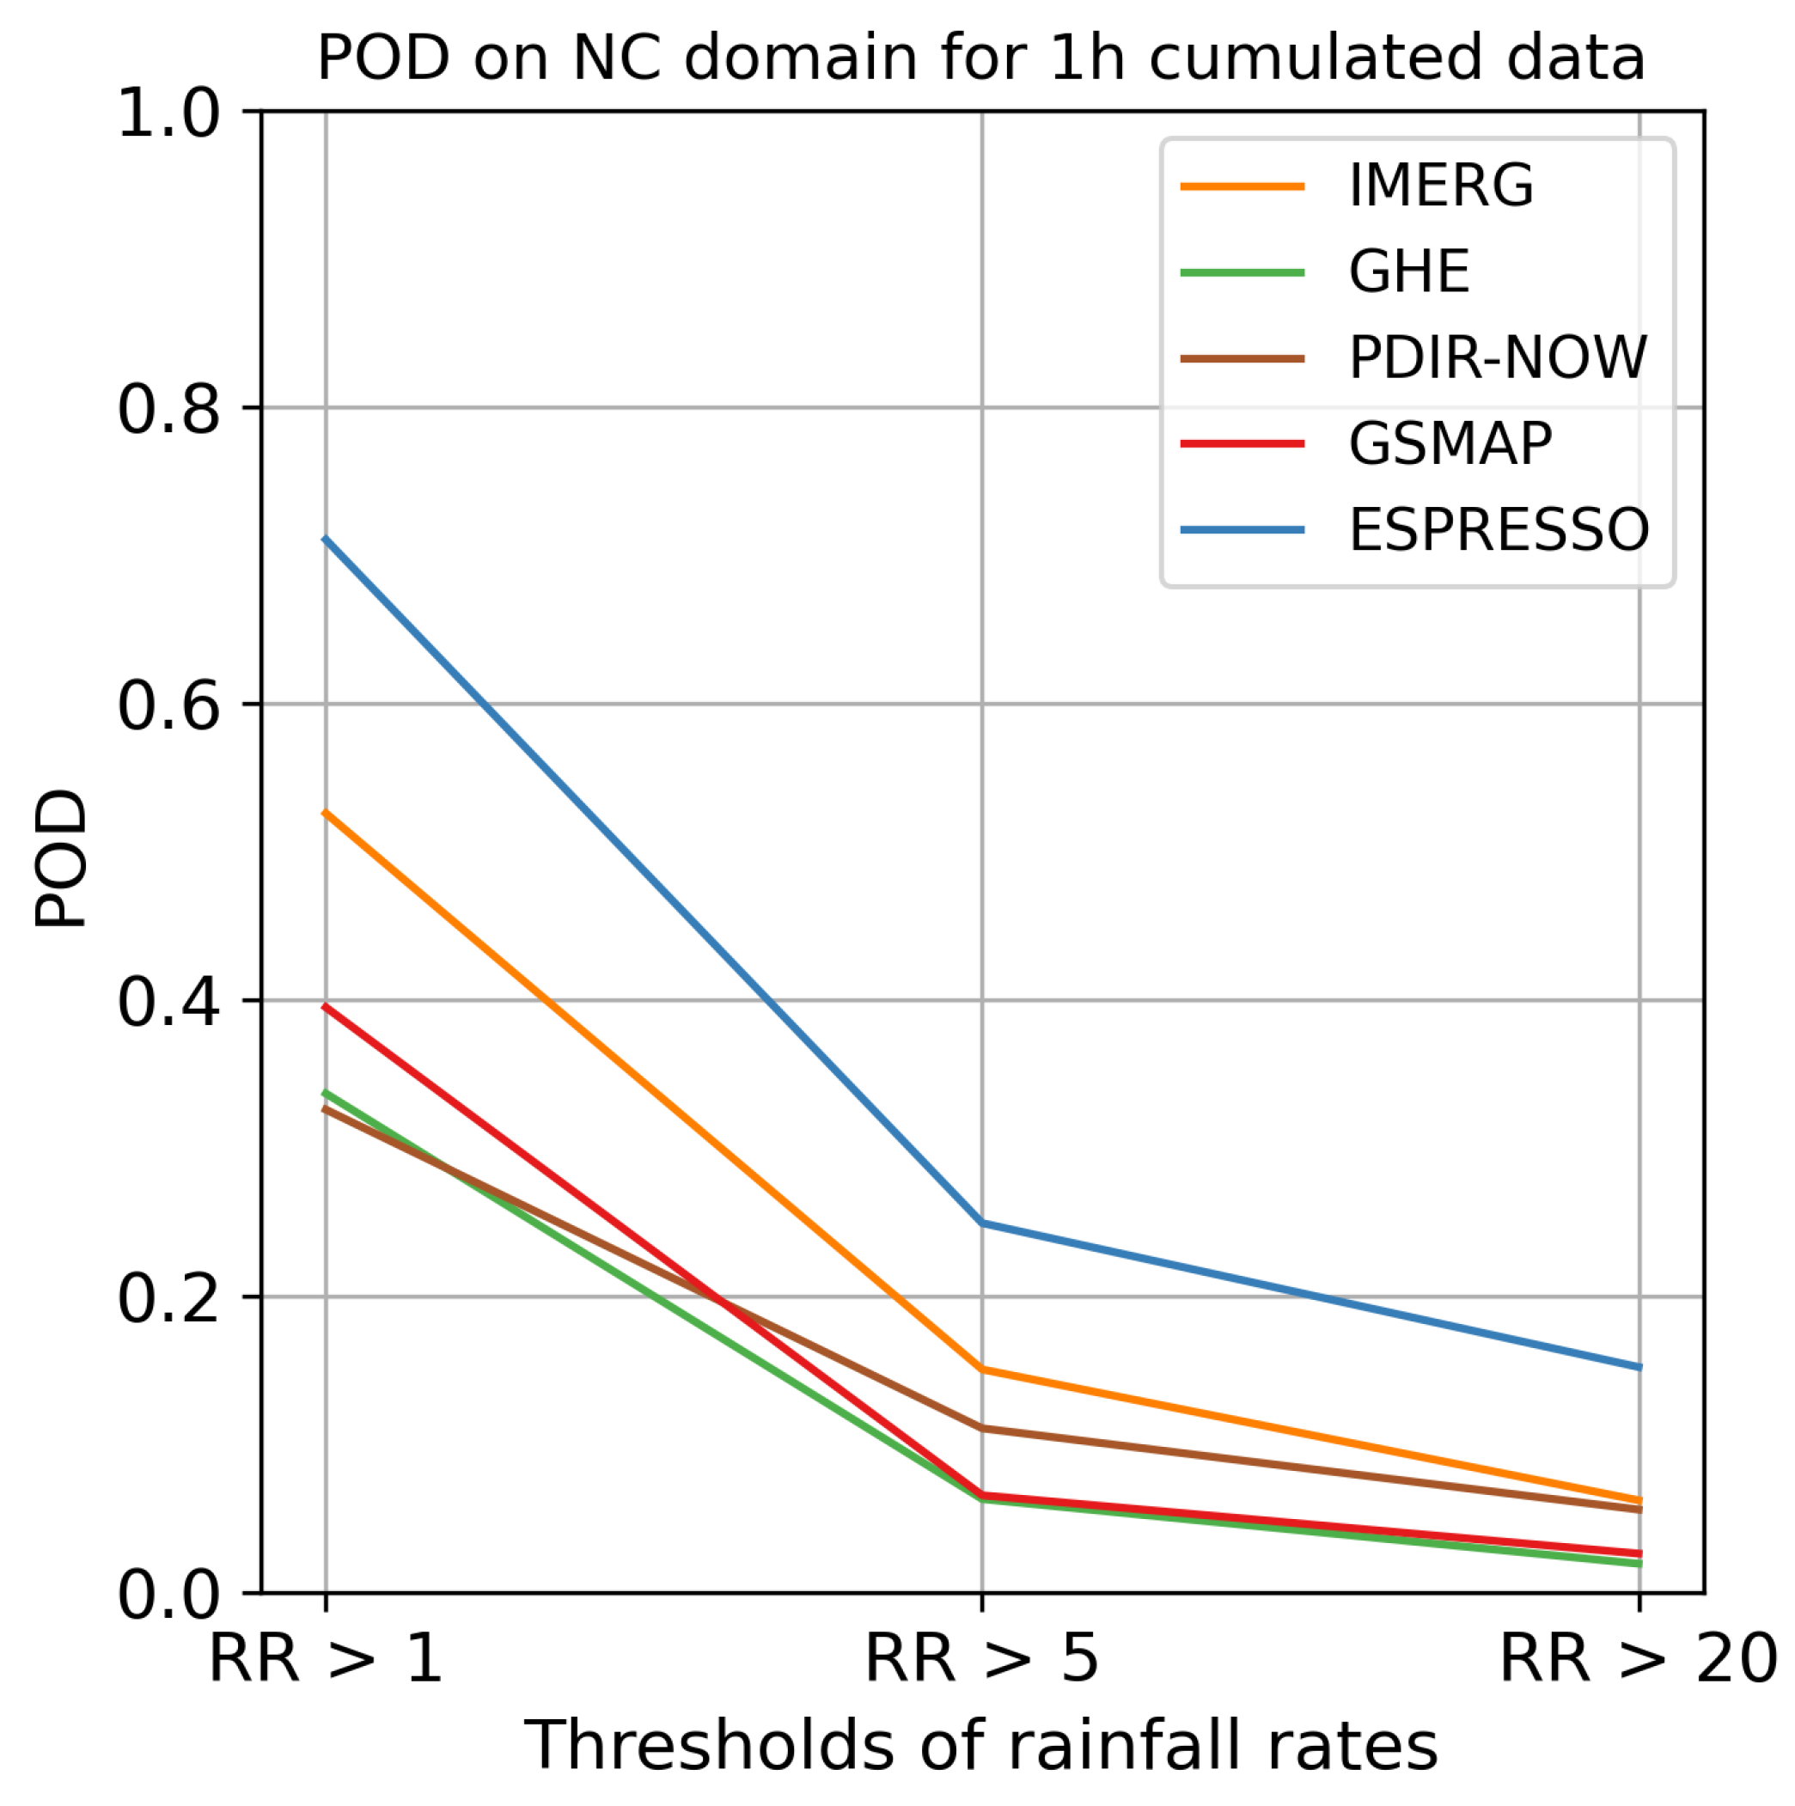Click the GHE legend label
(1408, 272)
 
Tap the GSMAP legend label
(1449, 443)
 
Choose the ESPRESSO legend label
(1498, 529)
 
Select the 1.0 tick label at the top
(168, 116)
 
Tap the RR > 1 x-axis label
(325, 1659)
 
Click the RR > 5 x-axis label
(980, 1659)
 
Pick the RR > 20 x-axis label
(1637, 1659)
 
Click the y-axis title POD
(60, 858)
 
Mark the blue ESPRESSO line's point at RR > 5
(981, 1223)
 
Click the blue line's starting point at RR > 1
(326, 539)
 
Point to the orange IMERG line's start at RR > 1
(326, 812)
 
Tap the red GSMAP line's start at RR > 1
(326, 1006)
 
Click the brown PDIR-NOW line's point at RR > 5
(981, 1427)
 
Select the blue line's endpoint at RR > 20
(1639, 1368)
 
